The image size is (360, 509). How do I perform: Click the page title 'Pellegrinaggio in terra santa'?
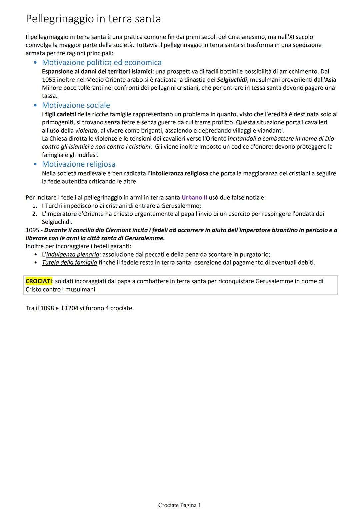point(93,19)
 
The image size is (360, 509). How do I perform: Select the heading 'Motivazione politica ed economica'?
point(102,62)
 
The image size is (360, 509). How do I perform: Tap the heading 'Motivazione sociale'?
point(76,105)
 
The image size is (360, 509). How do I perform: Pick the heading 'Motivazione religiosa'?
point(79,164)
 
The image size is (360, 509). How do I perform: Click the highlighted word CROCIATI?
point(39,281)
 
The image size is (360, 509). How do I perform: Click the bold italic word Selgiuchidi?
point(232,80)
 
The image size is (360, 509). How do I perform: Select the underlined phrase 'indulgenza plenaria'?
point(73,254)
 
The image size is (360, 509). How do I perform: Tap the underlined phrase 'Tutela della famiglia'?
point(69,262)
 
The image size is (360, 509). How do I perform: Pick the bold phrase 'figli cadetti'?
point(60,114)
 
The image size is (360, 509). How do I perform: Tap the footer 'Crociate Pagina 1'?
point(180,505)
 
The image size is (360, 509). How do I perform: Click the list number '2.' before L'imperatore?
point(35,214)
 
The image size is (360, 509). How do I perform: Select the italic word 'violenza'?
point(86,130)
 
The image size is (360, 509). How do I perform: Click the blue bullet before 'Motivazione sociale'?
point(35,105)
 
